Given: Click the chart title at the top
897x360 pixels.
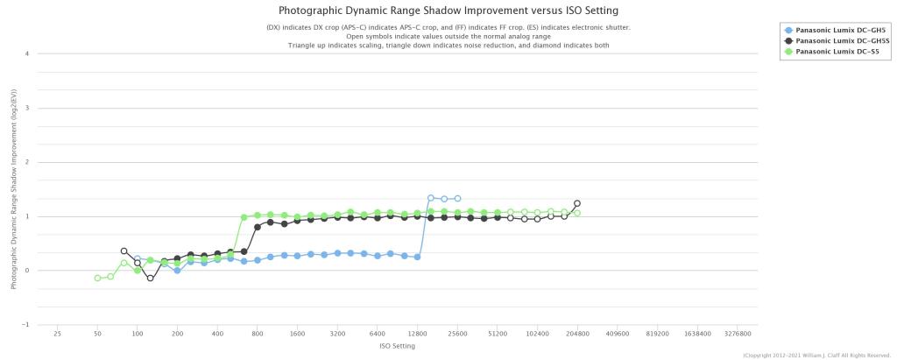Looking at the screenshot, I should pos(448,11).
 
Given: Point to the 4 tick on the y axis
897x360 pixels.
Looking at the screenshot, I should pos(27,54).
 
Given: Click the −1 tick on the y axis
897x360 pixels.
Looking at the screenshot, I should pos(26,325).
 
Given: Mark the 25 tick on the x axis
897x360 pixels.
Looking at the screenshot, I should pos(57,334).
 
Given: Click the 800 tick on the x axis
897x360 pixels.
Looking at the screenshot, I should pos(258,334).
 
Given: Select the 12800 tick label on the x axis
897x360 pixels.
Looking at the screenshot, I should pos(417,334).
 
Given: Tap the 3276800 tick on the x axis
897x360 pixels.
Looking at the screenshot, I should pos(738,334).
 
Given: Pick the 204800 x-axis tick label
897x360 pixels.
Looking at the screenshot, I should pos(577,334).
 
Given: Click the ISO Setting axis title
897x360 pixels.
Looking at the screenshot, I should pos(397,346).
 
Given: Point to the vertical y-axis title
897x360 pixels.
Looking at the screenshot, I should pos(14,188).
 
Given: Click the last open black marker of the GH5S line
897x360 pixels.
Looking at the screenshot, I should pos(577,203).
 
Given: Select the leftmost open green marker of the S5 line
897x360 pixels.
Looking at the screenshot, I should pos(97,278).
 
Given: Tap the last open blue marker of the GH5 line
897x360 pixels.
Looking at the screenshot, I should pos(457,199).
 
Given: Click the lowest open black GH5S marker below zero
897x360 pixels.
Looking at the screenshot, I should pos(151,279).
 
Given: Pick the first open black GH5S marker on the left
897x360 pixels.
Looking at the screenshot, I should pos(124,251).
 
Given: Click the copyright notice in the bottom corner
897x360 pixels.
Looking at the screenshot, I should pos(816,355).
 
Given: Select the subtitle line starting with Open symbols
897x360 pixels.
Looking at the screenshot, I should pos(448,36).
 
